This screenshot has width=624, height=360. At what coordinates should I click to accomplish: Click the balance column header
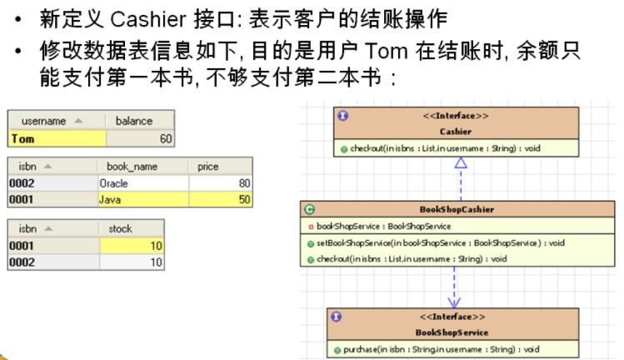[x=134, y=121]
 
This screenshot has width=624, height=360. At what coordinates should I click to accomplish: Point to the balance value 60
[x=165, y=138]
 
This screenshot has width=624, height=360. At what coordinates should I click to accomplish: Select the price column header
[x=208, y=167]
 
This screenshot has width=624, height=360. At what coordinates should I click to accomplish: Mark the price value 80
[x=243, y=183]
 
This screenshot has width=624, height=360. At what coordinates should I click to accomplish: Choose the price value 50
[x=243, y=200]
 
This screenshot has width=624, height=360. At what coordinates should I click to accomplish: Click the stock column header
[x=121, y=228]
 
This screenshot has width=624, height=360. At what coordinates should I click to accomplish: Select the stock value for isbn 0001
[x=155, y=246]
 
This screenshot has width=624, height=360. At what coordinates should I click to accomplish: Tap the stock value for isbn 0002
[x=155, y=262]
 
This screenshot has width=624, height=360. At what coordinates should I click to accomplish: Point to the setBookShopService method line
[x=441, y=242]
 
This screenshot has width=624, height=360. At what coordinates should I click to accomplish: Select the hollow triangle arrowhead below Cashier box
[x=460, y=163]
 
